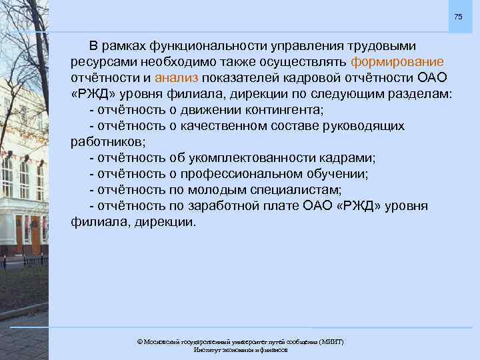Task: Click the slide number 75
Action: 458,15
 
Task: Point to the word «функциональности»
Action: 204,46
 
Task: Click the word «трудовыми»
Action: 382,46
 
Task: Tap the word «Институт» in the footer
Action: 207,350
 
